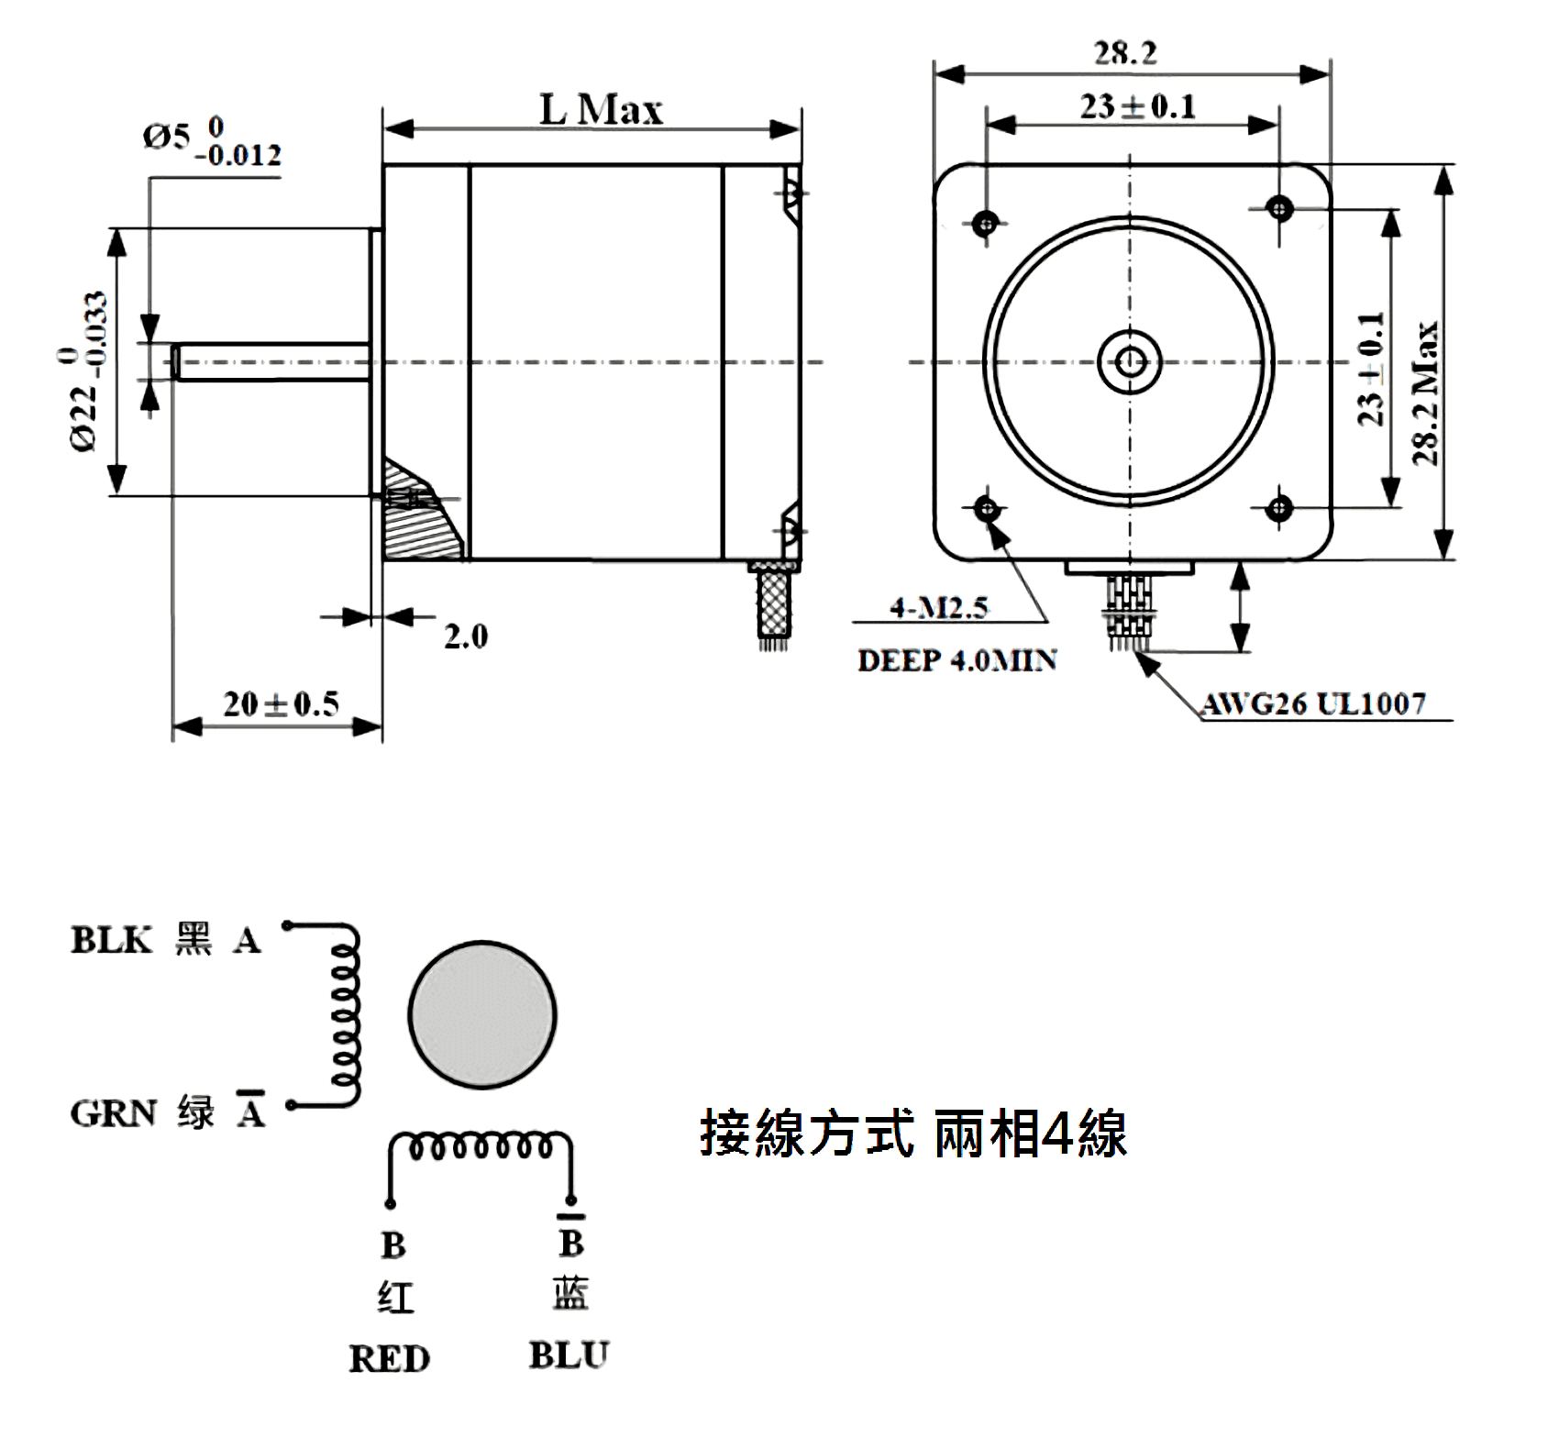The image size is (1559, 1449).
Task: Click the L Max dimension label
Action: coord(601,110)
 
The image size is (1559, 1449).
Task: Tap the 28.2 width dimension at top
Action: coord(1125,53)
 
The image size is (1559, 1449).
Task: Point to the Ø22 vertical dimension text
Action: coord(87,371)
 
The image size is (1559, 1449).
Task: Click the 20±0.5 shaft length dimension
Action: coord(281,704)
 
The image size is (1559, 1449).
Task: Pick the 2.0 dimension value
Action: coord(466,636)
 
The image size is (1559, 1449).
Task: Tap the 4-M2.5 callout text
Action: coord(939,607)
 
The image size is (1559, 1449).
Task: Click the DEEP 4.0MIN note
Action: coord(956,660)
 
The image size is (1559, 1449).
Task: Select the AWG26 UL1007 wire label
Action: coord(1314,704)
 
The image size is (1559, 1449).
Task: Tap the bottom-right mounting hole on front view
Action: coord(1280,506)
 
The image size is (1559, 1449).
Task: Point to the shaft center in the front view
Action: coord(1130,361)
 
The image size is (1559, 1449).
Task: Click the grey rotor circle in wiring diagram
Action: coord(481,1014)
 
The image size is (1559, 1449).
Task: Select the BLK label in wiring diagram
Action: coord(111,941)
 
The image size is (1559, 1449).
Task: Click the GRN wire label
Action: coord(113,1113)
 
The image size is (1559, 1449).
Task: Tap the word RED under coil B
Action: coord(389,1359)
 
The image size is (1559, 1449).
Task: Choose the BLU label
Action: coord(569,1355)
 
